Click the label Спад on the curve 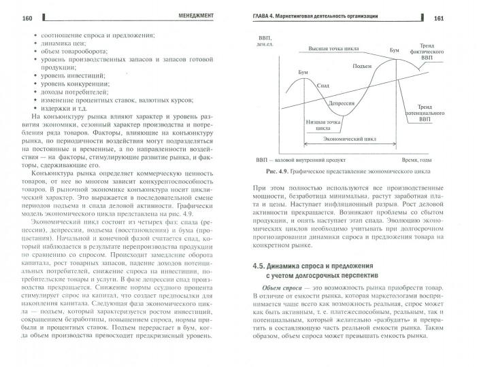click(x=324, y=86)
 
